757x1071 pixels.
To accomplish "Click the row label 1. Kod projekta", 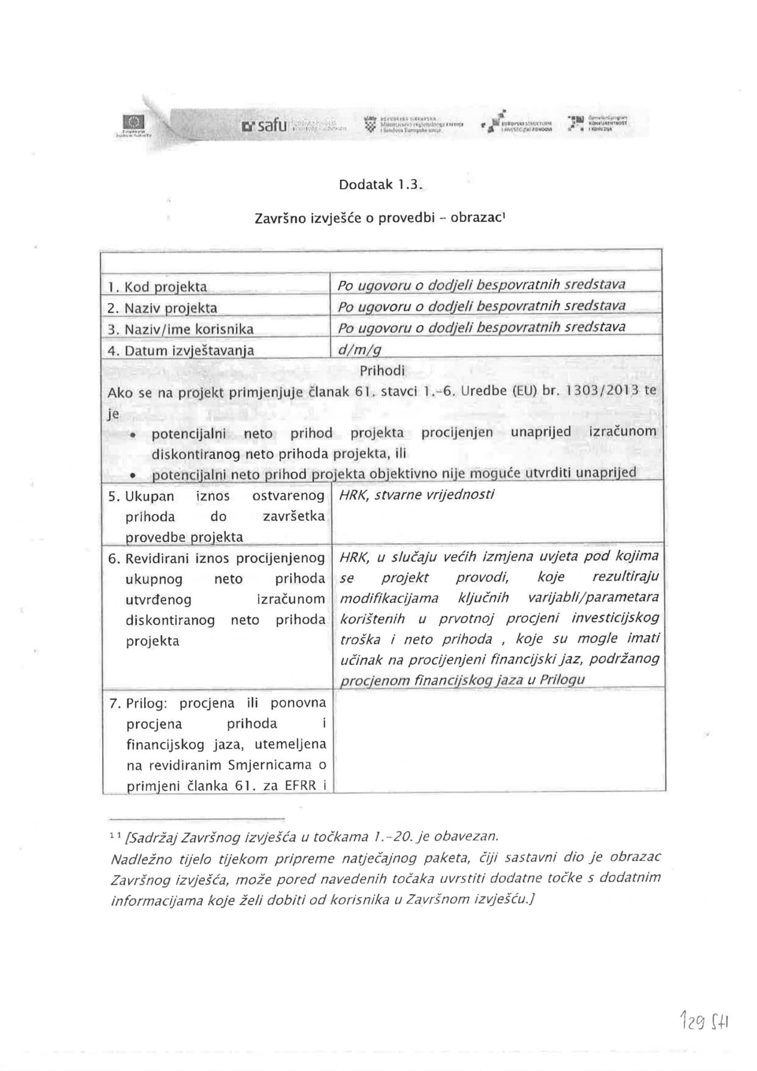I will click(x=157, y=287).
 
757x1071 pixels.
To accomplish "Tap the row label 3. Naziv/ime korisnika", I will click(x=181, y=329).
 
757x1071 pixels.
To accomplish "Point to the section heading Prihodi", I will click(x=382, y=371).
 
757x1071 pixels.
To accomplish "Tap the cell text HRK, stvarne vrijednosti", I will click(x=416, y=494).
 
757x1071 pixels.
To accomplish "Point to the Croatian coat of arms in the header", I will click(x=371, y=124).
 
